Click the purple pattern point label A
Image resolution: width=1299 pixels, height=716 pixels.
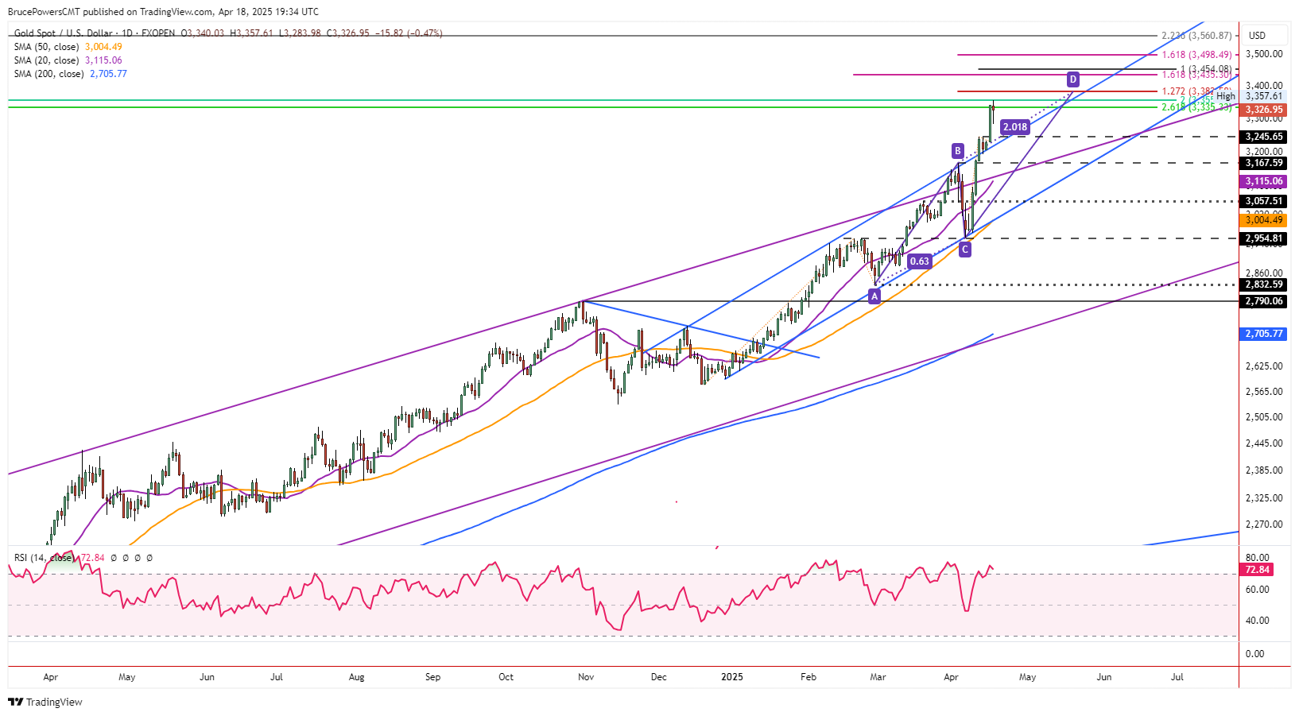point(874,296)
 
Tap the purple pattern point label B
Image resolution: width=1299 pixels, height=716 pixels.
point(958,151)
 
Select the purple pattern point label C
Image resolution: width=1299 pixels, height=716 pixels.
point(964,250)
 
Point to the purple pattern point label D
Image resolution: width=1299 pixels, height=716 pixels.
point(1073,79)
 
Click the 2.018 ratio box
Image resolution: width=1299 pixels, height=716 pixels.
point(1015,127)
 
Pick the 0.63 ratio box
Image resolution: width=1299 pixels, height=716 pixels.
point(919,261)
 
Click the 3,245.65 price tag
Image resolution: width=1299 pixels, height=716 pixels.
point(1263,137)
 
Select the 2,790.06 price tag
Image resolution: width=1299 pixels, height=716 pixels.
point(1263,301)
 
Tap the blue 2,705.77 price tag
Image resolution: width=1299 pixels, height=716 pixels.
point(1263,334)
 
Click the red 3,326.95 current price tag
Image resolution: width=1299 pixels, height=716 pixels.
point(1263,110)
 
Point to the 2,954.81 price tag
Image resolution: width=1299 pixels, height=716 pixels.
point(1263,238)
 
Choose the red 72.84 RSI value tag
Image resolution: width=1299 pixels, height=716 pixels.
point(1257,570)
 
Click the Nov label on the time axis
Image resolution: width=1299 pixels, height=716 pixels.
point(586,677)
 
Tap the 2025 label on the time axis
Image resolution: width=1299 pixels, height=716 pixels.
point(731,677)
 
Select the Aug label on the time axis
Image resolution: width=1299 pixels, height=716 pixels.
point(356,677)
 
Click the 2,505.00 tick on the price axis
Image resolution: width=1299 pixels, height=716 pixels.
point(1263,417)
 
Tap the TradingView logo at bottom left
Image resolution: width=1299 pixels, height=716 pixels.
point(45,702)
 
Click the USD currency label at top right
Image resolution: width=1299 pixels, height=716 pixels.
point(1257,36)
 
